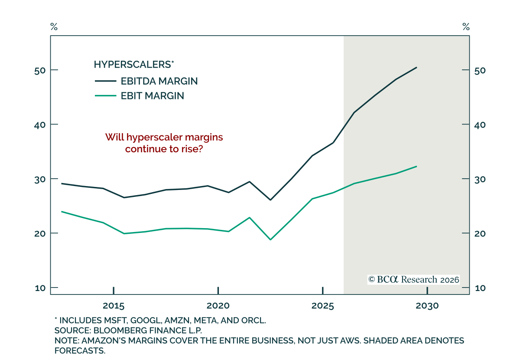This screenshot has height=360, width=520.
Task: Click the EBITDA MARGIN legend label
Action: (159, 81)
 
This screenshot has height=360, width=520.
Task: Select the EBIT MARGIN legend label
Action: (152, 96)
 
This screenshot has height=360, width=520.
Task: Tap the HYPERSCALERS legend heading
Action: (134, 64)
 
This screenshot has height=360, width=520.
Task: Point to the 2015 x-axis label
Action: (114, 306)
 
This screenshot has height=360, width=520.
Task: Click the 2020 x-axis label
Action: (218, 306)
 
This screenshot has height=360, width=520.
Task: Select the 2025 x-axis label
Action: (322, 306)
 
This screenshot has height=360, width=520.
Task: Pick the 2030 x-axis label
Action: (427, 306)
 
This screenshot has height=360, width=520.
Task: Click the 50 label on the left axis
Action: (40, 71)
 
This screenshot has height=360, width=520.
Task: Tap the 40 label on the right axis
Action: (480, 125)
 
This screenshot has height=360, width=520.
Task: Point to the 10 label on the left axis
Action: (40, 288)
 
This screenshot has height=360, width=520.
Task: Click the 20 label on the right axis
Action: (480, 234)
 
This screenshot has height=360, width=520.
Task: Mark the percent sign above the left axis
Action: (54, 27)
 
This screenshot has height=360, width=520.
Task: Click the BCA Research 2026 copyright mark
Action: (413, 280)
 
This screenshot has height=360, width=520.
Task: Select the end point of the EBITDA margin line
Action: (417, 67)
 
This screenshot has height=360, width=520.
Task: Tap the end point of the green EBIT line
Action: (417, 167)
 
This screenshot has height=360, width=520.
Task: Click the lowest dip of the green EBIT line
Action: (270, 239)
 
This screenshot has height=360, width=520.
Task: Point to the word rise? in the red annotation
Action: (192, 149)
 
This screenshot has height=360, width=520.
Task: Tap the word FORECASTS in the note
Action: (80, 351)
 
